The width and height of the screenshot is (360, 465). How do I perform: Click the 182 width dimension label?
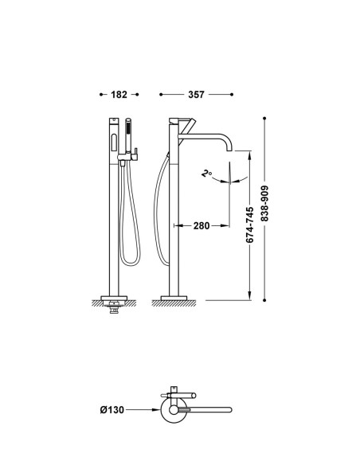pyautogui.click(x=119, y=95)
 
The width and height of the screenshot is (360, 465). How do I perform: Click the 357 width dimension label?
pyautogui.click(x=196, y=95)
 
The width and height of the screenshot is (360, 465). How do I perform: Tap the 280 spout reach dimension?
pyautogui.click(x=202, y=225)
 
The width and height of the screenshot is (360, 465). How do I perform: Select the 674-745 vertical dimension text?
pyautogui.click(x=250, y=225)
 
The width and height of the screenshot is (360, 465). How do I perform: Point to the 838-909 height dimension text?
pyautogui.click(x=264, y=204)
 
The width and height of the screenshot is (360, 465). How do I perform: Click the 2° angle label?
pyautogui.click(x=206, y=173)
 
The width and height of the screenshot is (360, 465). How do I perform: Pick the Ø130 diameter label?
pyautogui.click(x=112, y=410)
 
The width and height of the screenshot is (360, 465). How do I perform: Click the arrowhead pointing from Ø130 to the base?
pyautogui.click(x=156, y=410)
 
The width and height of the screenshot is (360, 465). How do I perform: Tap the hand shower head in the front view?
pyautogui.click(x=128, y=135)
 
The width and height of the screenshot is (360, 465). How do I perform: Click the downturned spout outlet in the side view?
pyautogui.click(x=229, y=149)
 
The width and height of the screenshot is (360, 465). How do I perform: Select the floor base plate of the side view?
pyautogui.click(x=174, y=298)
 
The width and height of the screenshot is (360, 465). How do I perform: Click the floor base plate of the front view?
pyautogui.click(x=114, y=298)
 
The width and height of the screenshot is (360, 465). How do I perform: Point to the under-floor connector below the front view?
pyautogui.click(x=114, y=307)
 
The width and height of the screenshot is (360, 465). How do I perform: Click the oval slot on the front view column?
pyautogui.click(x=114, y=143)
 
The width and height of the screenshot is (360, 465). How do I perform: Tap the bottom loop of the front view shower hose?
pyautogui.click(x=130, y=264)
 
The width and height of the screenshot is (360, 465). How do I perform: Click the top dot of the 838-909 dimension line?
pyautogui.click(x=264, y=119)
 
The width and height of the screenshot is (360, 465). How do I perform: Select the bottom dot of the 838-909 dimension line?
pyautogui.click(x=264, y=300)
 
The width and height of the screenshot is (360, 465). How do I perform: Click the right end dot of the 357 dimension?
pyautogui.click(x=232, y=95)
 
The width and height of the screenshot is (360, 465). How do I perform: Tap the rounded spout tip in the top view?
pyautogui.click(x=230, y=410)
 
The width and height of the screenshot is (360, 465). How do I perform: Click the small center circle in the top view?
pyautogui.click(x=174, y=410)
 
